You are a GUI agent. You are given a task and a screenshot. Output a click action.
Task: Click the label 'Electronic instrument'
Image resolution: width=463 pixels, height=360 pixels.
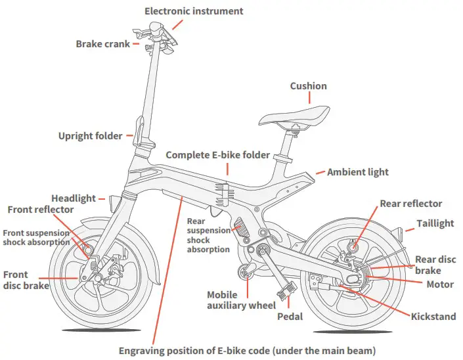tap(194, 11)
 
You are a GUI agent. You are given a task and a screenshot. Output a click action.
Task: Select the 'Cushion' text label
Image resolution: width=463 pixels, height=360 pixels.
tap(308, 86)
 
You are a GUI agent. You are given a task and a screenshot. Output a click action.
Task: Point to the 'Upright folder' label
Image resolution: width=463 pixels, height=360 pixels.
tap(90, 136)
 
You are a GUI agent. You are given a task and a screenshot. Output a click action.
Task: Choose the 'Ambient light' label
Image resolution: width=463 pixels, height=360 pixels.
tap(358, 172)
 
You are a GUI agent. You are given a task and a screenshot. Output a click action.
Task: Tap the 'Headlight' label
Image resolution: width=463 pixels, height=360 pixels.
tap(74, 198)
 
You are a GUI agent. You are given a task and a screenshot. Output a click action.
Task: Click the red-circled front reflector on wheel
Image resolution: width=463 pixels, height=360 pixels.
tap(87, 250)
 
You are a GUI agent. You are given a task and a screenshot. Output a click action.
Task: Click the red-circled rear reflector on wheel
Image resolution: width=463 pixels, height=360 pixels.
tap(353, 247)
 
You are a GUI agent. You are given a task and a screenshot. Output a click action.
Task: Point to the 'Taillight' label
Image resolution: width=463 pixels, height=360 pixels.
tap(435, 223)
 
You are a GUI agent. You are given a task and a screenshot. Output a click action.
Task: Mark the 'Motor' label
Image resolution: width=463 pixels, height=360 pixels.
tap(439, 284)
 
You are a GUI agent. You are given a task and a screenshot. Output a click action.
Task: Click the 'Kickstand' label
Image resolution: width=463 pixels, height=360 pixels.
tap(433, 317)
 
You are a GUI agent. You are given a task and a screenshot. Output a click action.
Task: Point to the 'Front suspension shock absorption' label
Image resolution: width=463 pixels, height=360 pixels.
tap(35, 237)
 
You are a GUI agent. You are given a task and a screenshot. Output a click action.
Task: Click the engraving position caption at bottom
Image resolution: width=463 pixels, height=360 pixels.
tap(246, 350)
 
